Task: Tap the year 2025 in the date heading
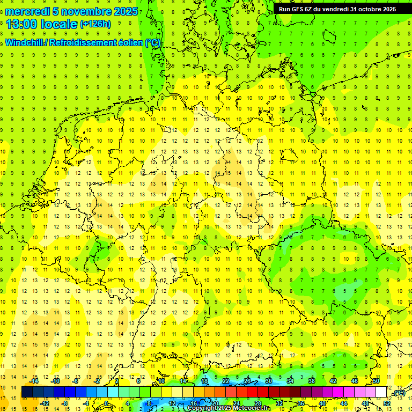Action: pos(125,11)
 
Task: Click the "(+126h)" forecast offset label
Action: pos(95,24)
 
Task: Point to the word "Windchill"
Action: pos(24,43)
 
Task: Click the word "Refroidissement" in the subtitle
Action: pos(83,43)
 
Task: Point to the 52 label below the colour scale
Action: pos(387,403)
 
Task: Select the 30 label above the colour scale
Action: pos(269,381)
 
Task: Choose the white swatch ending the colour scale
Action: pos(381,392)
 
